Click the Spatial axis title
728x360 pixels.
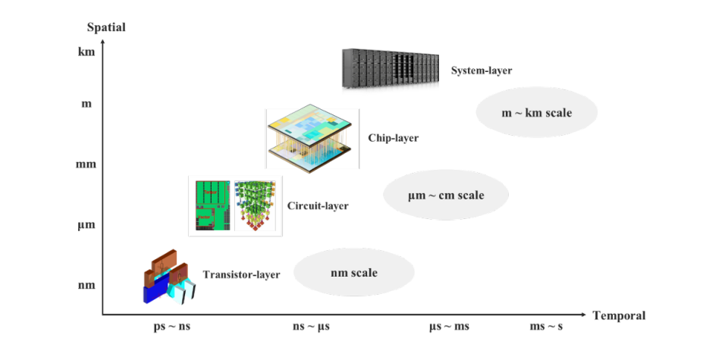click(106, 27)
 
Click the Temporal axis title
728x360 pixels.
click(619, 316)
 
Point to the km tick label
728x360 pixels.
click(86, 52)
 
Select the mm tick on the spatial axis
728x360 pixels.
click(86, 164)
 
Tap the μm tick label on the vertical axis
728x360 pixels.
click(86, 225)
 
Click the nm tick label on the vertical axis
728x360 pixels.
click(86, 285)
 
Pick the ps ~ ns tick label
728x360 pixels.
click(172, 326)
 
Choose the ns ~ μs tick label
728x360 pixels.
click(311, 326)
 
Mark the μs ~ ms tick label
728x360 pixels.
click(449, 326)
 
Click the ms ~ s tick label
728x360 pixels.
click(546, 326)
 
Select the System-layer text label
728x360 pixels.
click(482, 71)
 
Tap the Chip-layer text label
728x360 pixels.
click(394, 138)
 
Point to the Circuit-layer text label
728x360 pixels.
click(318, 205)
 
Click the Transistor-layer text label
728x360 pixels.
click(241, 274)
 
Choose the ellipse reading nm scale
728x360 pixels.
click(354, 272)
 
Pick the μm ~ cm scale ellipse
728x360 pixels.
click(446, 196)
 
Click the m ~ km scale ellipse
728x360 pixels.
click(537, 112)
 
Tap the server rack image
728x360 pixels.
click(391, 69)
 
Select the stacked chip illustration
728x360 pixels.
click(309, 139)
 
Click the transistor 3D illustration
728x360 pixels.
click(170, 277)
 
